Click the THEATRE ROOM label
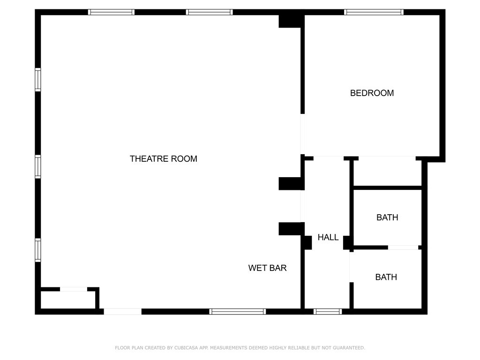(163, 159)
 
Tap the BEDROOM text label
(372, 93)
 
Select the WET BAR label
(267, 268)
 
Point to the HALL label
(328, 237)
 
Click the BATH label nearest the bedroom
(387, 217)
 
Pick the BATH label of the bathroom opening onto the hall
(386, 277)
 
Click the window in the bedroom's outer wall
(374, 12)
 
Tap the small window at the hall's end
(328, 311)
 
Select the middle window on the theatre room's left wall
(38, 166)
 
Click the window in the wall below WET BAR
(238, 311)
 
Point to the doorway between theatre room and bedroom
(303, 135)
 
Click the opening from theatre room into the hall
(302, 206)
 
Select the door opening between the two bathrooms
(403, 247)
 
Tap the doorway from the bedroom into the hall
(329, 157)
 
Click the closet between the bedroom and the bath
(388, 174)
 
